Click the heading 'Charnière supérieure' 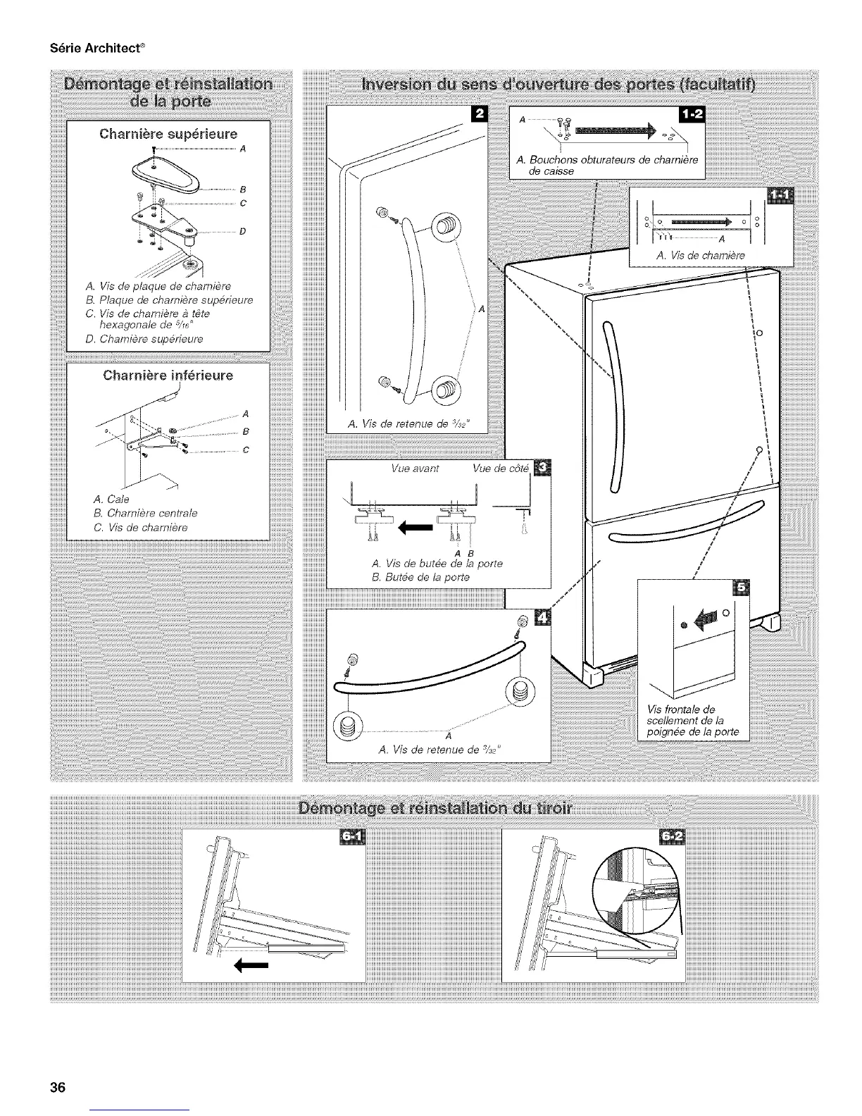[x=168, y=133]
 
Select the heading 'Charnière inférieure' [x=168, y=375]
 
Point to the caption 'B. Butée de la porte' [x=420, y=578]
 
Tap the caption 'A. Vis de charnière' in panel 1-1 [x=700, y=256]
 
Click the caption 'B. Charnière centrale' [x=150, y=512]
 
